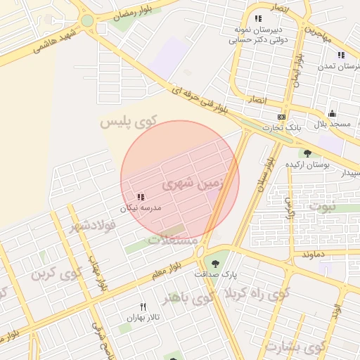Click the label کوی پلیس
[x=127, y=122]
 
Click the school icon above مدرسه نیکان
[x=141, y=197]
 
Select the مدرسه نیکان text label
[x=141, y=208]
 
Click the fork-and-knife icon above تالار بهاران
[x=143, y=307]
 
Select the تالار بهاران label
[x=140, y=318]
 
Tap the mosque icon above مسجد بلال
[x=332, y=113]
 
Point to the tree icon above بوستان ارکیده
[x=307, y=153]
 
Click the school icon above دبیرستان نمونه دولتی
[x=258, y=18]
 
